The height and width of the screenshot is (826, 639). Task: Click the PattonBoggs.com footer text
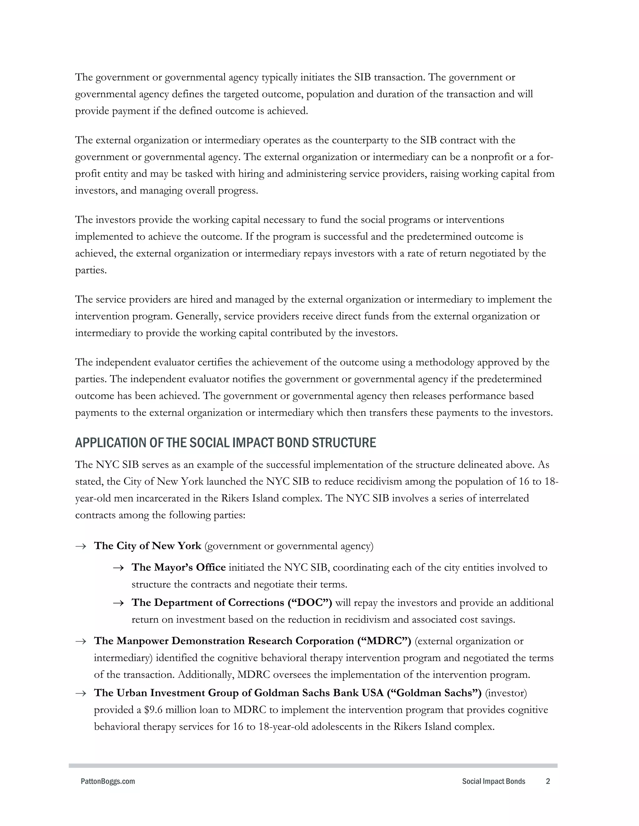point(108,781)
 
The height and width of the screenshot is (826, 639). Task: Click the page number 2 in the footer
point(548,781)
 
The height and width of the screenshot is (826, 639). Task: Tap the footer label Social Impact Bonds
point(493,781)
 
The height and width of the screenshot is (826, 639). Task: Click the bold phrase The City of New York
point(148,546)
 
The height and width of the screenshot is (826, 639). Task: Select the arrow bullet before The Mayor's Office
point(118,568)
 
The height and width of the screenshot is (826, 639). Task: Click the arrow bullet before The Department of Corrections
point(118,603)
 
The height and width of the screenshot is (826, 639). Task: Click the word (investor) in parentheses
point(506,693)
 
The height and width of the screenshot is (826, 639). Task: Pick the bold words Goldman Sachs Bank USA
point(319,693)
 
